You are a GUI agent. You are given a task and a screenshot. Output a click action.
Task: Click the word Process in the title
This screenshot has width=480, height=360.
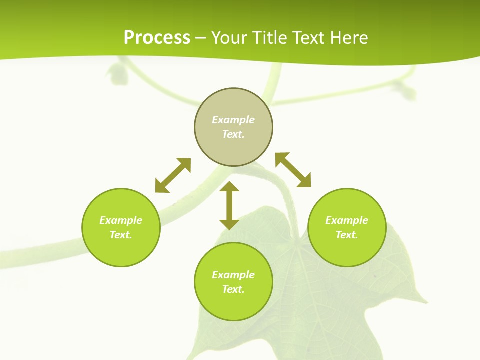click(x=157, y=37)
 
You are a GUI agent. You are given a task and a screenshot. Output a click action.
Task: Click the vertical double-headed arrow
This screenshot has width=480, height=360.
click(x=229, y=205)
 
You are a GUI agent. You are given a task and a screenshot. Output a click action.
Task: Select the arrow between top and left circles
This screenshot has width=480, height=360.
click(x=173, y=175)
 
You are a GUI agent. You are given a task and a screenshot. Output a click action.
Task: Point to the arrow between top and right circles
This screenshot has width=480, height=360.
click(x=293, y=170)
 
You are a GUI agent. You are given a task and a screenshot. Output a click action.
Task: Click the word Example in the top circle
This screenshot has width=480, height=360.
click(x=233, y=120)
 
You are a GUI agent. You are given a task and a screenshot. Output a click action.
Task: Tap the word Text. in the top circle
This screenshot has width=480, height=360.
click(x=233, y=134)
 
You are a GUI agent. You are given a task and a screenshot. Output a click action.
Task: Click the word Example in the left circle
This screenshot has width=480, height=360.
click(x=121, y=220)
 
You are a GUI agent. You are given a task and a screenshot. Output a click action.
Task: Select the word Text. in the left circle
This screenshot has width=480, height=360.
click(x=121, y=235)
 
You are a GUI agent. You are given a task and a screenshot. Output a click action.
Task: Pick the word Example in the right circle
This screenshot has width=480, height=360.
click(x=347, y=220)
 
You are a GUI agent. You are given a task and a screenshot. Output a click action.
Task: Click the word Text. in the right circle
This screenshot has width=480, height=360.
click(x=347, y=235)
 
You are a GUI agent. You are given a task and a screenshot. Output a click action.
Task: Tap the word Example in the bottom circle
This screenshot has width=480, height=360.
click(x=233, y=275)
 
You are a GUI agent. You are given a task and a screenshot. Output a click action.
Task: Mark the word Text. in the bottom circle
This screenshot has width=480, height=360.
click(x=233, y=289)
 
